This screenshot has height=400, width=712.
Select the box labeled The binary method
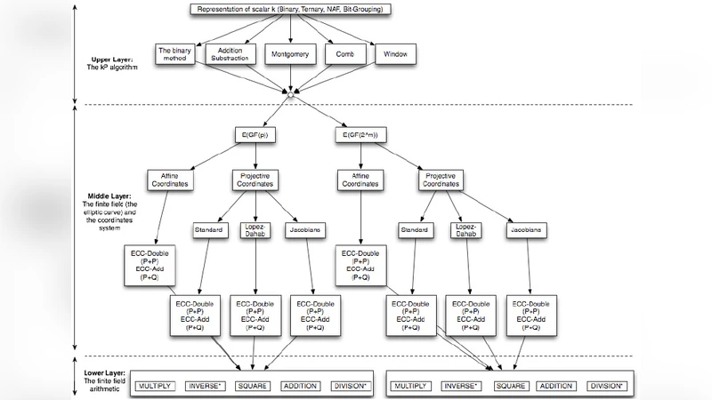(x=175, y=54)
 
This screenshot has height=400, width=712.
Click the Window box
(x=394, y=54)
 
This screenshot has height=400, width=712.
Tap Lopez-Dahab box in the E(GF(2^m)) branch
(x=469, y=231)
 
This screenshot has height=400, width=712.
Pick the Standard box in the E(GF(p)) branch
(x=208, y=231)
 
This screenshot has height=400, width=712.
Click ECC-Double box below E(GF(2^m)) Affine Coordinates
(x=360, y=264)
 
